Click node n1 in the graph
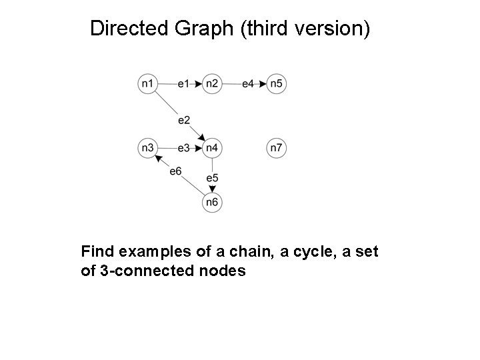tap(148, 83)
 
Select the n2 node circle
tap(212, 83)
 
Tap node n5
tap(277, 83)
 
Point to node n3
tap(148, 147)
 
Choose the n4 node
tap(212, 147)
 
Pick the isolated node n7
tap(277, 147)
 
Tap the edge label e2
tap(184, 120)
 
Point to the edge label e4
tap(247, 83)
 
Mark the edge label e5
tap(212, 178)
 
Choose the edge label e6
tap(175, 171)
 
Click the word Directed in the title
tap(129, 29)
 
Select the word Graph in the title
tap(207, 29)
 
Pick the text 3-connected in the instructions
tap(137, 271)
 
